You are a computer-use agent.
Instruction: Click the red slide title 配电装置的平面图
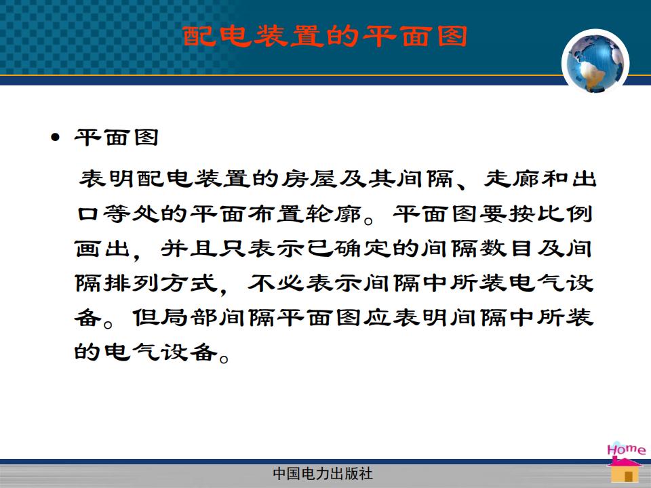(x=325, y=36)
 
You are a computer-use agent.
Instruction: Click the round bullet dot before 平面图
(x=55, y=137)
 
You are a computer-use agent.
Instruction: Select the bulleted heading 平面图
(x=117, y=137)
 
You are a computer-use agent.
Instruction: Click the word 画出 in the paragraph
(x=102, y=249)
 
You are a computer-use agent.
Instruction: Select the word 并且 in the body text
(x=189, y=249)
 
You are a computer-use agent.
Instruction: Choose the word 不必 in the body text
(x=276, y=283)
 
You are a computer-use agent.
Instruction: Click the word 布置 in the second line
(x=275, y=214)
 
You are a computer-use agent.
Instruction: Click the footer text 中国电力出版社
(x=323, y=474)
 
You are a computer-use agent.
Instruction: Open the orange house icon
(x=625, y=470)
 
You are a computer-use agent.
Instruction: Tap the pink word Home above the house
(x=626, y=449)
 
